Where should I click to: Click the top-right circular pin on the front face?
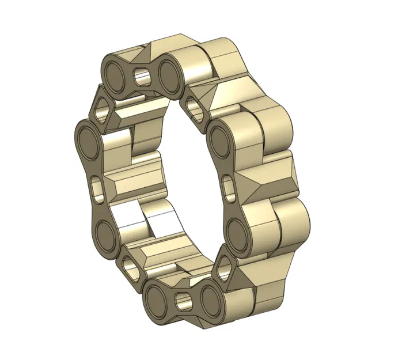pos(171,74)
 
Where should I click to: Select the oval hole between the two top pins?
pos(142,75)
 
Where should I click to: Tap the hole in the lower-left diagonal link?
pos(129,268)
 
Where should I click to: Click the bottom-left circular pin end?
pos(156,300)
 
